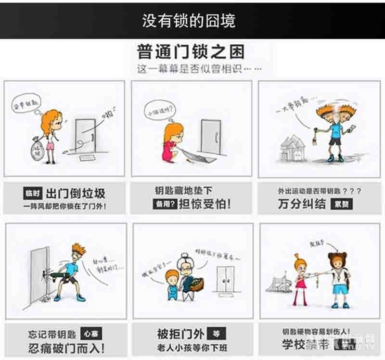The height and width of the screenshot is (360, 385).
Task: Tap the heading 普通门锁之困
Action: [x=191, y=51]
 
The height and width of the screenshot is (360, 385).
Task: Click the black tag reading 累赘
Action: [x=341, y=204]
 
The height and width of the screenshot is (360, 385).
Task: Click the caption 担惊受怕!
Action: [x=205, y=204]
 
